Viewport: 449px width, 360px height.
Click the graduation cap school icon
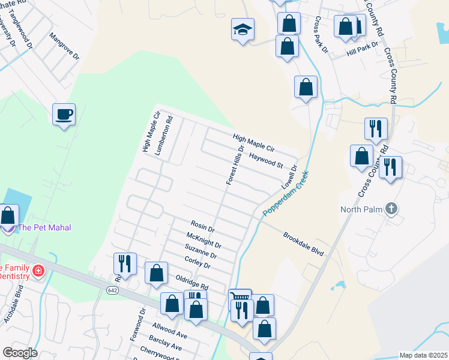coord(243,29)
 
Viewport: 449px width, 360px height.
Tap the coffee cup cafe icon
coord(64,114)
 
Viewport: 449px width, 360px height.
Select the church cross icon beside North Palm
coord(391,209)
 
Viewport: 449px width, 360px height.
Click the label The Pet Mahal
coord(44,227)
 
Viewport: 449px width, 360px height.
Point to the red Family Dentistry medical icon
coord(38,271)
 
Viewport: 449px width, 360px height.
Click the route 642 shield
coord(112,290)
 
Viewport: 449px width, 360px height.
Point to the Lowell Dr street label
coord(289,178)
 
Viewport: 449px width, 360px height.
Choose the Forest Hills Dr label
coord(235,165)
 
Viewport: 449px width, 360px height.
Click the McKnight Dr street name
coord(203,241)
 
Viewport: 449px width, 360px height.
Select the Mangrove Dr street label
coord(65,47)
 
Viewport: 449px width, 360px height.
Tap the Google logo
coord(19,353)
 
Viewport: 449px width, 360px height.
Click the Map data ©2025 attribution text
coord(423,355)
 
